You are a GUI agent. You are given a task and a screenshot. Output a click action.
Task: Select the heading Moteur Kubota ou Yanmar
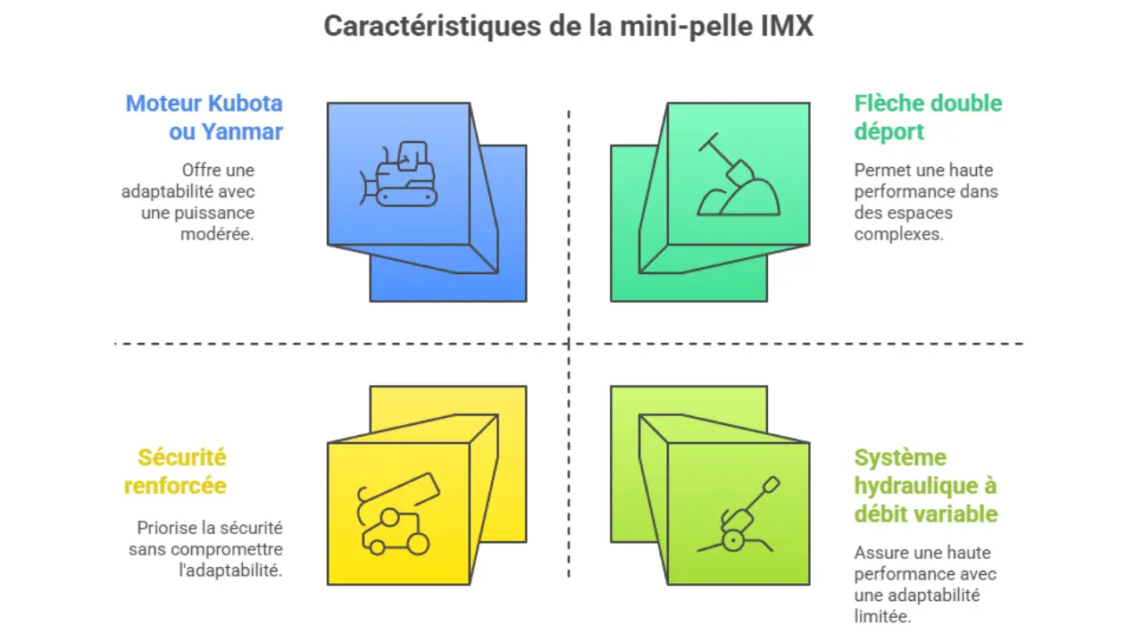click(204, 117)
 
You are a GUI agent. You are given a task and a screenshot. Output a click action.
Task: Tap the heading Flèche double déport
click(928, 117)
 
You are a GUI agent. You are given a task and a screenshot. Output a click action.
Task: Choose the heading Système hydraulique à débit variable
click(925, 486)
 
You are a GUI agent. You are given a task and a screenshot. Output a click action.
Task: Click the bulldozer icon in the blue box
click(399, 173)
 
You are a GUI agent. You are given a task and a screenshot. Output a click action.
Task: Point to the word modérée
click(217, 234)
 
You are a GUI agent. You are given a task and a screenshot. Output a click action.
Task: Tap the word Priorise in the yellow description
click(168, 528)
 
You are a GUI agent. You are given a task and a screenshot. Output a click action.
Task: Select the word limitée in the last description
click(882, 616)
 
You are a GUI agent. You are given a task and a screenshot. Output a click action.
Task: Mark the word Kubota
click(245, 103)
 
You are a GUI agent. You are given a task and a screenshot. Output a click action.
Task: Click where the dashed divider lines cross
click(569, 343)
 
